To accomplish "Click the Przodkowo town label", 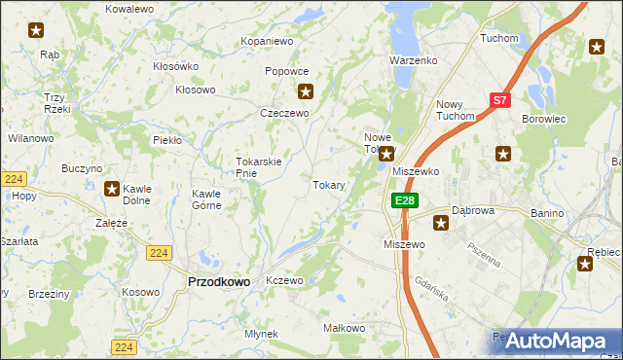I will [218, 281].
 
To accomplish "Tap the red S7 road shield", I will [499, 100].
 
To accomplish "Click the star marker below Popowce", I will [306, 92].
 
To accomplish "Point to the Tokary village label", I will [328, 184].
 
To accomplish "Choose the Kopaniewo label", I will [267, 42].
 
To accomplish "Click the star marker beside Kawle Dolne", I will [112, 190].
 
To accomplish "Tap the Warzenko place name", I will [414, 60].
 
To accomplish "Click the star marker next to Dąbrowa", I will [441, 224].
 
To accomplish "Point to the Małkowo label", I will [343, 329].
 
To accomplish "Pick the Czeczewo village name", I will [284, 113].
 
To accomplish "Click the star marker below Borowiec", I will [503, 153].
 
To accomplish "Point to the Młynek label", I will [262, 334].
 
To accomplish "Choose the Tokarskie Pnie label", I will [259, 167].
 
